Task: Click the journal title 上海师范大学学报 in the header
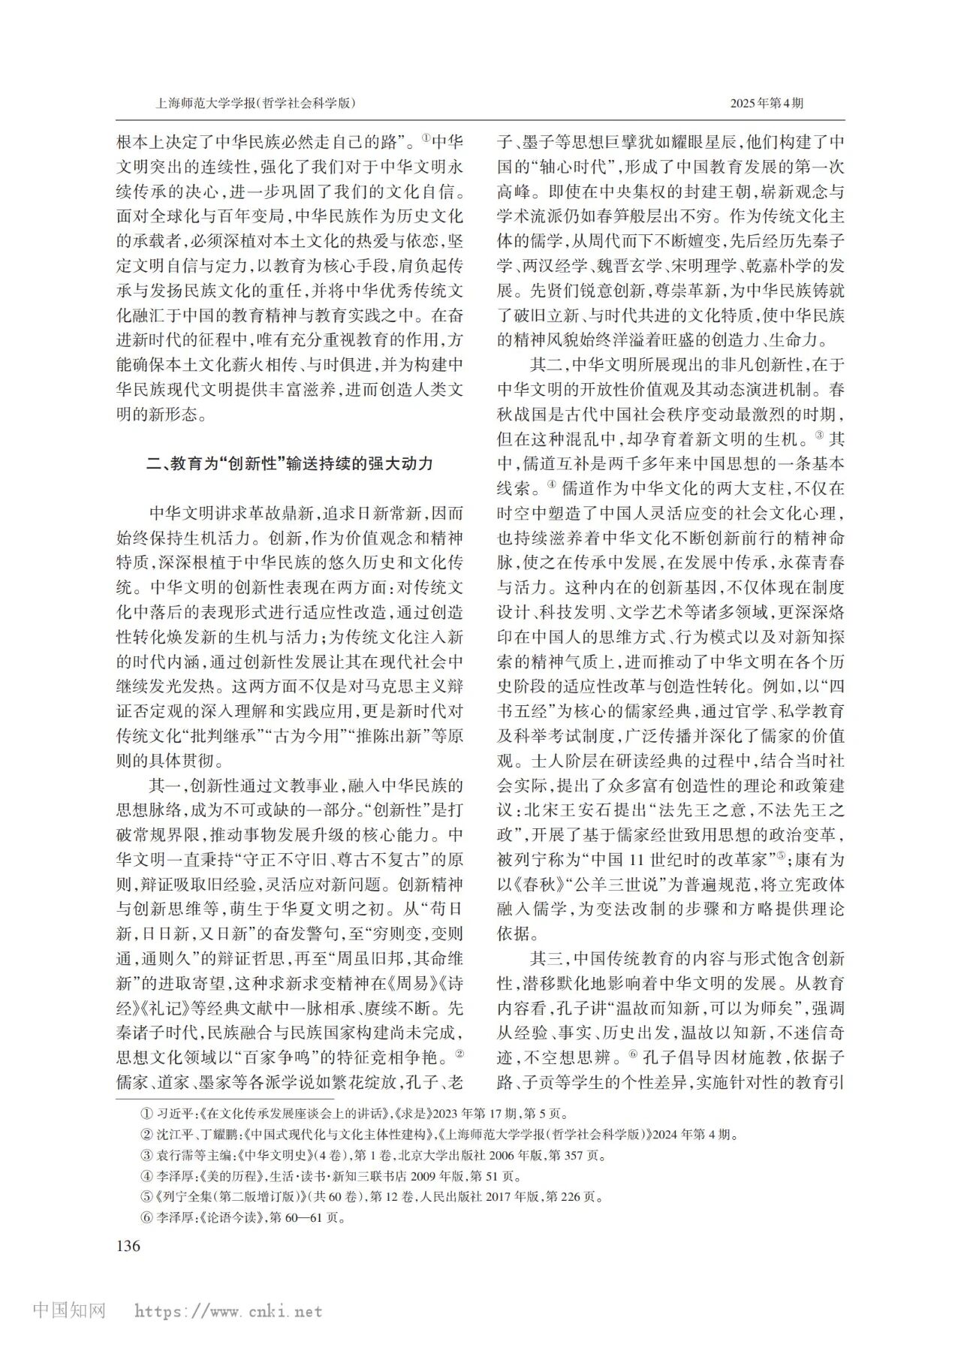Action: pos(205,104)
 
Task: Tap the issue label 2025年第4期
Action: pos(767,104)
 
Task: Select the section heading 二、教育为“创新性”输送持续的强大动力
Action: pos(290,463)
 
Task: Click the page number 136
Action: pos(128,1245)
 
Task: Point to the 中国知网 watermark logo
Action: pos(70,1311)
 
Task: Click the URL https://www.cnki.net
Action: pos(228,1312)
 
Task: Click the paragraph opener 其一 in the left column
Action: pos(164,786)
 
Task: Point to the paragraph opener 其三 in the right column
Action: pos(547,959)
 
